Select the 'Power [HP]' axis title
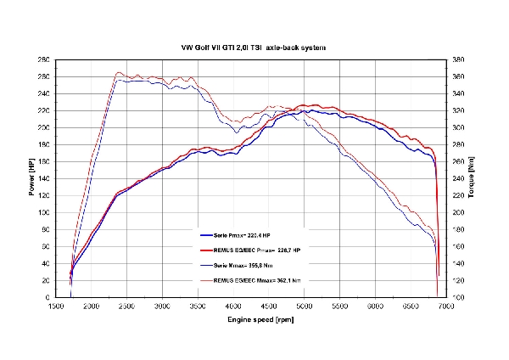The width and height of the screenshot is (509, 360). (x=32, y=178)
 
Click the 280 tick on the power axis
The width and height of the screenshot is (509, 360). (x=43, y=59)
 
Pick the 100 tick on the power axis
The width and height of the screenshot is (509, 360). (x=43, y=212)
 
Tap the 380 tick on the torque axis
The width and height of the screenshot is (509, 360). (x=457, y=59)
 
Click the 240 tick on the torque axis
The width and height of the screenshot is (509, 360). (x=457, y=178)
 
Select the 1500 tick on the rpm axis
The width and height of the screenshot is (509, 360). (x=57, y=306)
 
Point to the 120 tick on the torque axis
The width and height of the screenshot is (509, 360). (x=457, y=280)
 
